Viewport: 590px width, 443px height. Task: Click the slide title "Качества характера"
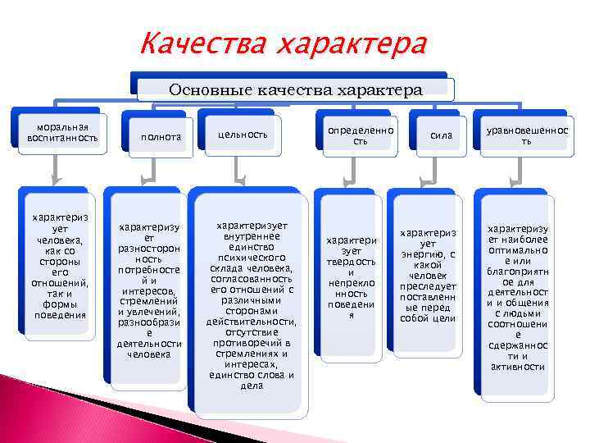click(284, 43)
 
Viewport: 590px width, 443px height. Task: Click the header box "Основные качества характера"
click(294, 89)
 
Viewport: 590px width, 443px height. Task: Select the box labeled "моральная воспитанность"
click(61, 132)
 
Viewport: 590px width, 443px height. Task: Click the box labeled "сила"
click(442, 135)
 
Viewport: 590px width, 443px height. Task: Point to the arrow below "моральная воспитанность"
click(55, 171)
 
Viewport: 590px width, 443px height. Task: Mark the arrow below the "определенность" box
click(353, 171)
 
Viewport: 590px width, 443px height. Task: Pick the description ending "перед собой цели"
click(428, 276)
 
